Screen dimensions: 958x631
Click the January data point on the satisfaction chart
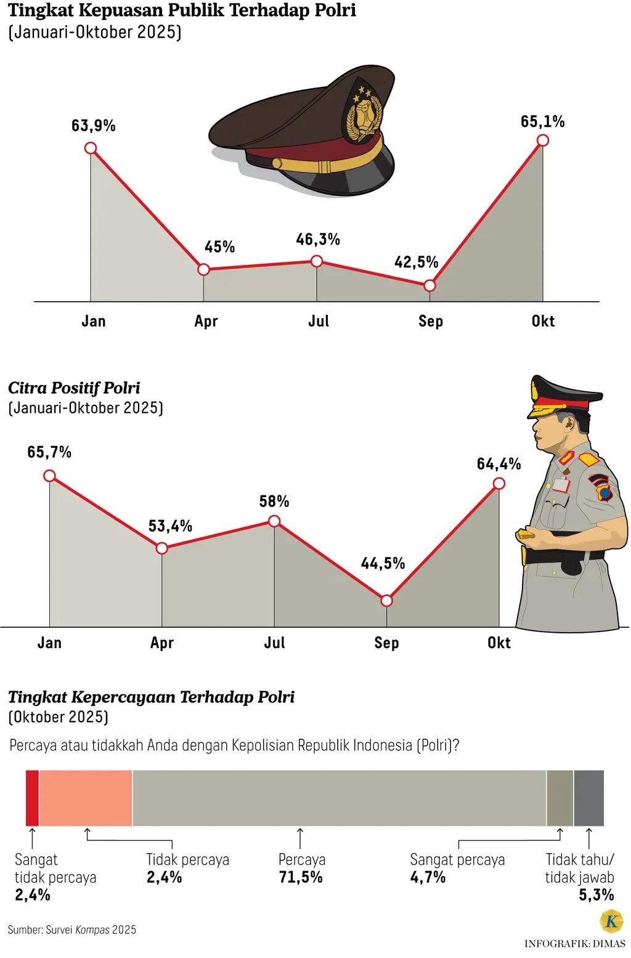[91, 148]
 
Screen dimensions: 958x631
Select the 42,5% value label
[416, 262]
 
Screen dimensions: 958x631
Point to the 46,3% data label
[318, 240]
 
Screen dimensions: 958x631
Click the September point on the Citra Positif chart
[386, 601]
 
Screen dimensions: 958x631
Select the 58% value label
[274, 501]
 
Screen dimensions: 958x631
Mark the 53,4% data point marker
[161, 548]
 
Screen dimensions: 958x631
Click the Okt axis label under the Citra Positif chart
[499, 643]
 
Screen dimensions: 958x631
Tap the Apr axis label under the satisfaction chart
[206, 322]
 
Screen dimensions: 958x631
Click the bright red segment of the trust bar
[32, 798]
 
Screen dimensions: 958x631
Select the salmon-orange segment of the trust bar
[86, 798]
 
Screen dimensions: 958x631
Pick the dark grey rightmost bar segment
[588, 798]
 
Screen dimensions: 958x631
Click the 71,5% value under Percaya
[301, 877]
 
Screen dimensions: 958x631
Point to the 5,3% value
[596, 895]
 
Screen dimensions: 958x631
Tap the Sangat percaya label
[457, 860]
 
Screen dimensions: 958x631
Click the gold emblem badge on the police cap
[364, 114]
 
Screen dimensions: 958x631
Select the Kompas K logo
[611, 922]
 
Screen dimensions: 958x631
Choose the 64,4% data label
[499, 464]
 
